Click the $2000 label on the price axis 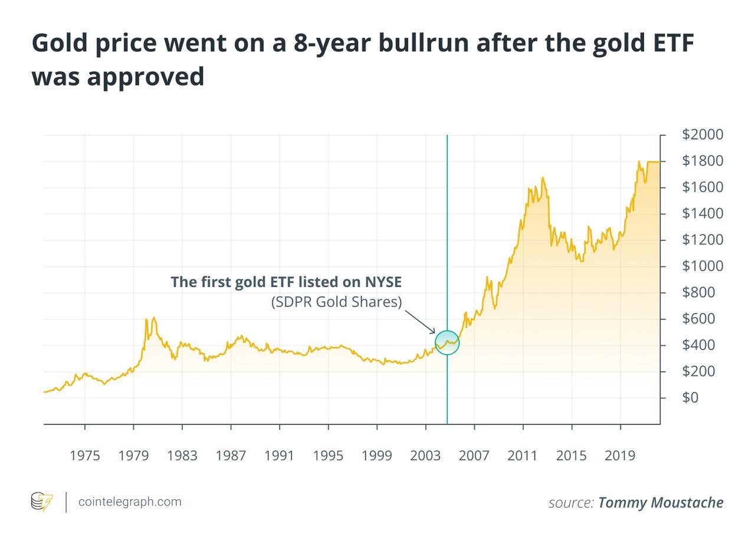click(x=702, y=135)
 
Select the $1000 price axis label click(x=702, y=266)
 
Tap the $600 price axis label click(x=698, y=319)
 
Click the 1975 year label click(x=84, y=456)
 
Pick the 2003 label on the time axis click(x=425, y=456)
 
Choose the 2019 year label click(x=620, y=456)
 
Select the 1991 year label click(x=279, y=456)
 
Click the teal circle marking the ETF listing click(x=447, y=343)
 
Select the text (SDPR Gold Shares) click(x=336, y=302)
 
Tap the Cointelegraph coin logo click(x=41, y=502)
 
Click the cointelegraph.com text click(x=130, y=502)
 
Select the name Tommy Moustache click(x=660, y=503)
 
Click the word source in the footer click(x=570, y=503)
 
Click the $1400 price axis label click(x=702, y=214)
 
